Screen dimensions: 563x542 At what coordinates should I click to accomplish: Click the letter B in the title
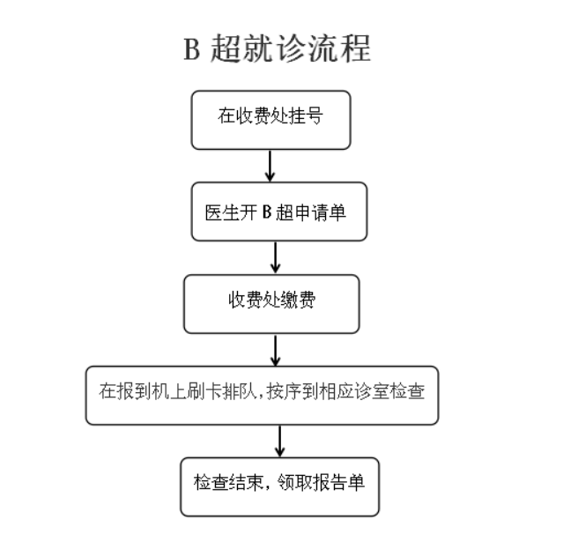[x=191, y=49]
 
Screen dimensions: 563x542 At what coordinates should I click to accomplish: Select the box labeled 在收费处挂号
[x=270, y=120]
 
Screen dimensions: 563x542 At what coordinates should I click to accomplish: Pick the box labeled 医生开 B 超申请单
[x=279, y=212]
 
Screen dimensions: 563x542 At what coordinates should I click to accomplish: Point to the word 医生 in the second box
[x=222, y=212]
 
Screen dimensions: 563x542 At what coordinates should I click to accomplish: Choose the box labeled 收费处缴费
[x=271, y=304]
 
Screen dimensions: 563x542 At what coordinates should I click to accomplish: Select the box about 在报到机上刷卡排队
[x=262, y=396]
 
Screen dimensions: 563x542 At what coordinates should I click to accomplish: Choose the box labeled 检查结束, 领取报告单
[x=279, y=487]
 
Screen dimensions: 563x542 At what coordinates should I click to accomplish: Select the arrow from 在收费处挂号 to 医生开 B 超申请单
[x=270, y=166]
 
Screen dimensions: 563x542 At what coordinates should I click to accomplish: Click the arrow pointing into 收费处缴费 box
[x=276, y=258]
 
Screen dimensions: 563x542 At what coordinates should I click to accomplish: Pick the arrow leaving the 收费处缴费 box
[x=276, y=350]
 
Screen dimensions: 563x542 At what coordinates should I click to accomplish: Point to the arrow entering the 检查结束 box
[x=279, y=442]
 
